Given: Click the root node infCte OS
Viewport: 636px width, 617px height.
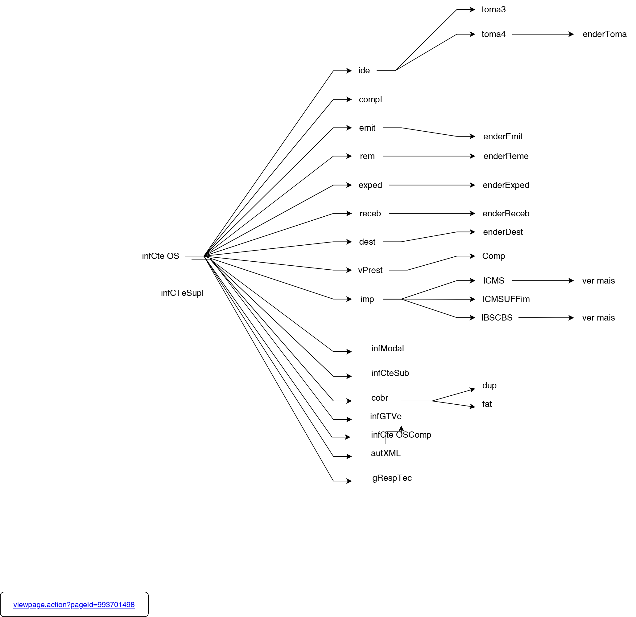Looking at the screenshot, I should click(160, 256).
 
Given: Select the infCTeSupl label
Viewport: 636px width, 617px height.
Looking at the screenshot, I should click(182, 293).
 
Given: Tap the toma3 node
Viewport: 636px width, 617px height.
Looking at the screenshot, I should click(493, 10).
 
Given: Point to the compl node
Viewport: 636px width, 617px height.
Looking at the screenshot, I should click(370, 100).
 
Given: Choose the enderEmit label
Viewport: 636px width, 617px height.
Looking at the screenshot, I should click(503, 137).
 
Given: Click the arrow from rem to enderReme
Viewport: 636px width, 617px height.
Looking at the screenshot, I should click(428, 156).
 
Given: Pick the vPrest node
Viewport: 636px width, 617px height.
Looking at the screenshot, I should click(370, 270).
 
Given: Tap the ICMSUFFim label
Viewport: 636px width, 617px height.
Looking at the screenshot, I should click(506, 299).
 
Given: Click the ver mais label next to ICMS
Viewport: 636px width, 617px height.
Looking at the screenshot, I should click(598, 281).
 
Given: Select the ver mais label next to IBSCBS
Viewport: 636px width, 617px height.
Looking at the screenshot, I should click(598, 318).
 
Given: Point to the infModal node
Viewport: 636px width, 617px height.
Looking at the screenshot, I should click(387, 349).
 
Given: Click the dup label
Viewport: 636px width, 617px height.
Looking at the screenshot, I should click(489, 386).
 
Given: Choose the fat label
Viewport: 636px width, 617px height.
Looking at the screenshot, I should click(487, 404).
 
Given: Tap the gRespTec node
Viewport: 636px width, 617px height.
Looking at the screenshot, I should click(392, 478).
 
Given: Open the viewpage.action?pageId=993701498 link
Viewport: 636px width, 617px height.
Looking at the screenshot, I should click(74, 605).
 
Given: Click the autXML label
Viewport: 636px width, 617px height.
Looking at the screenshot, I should click(386, 453).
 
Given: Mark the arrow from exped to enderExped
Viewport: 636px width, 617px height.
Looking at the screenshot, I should click(432, 185).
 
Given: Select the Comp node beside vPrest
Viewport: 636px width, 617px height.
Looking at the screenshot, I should click(493, 256).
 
